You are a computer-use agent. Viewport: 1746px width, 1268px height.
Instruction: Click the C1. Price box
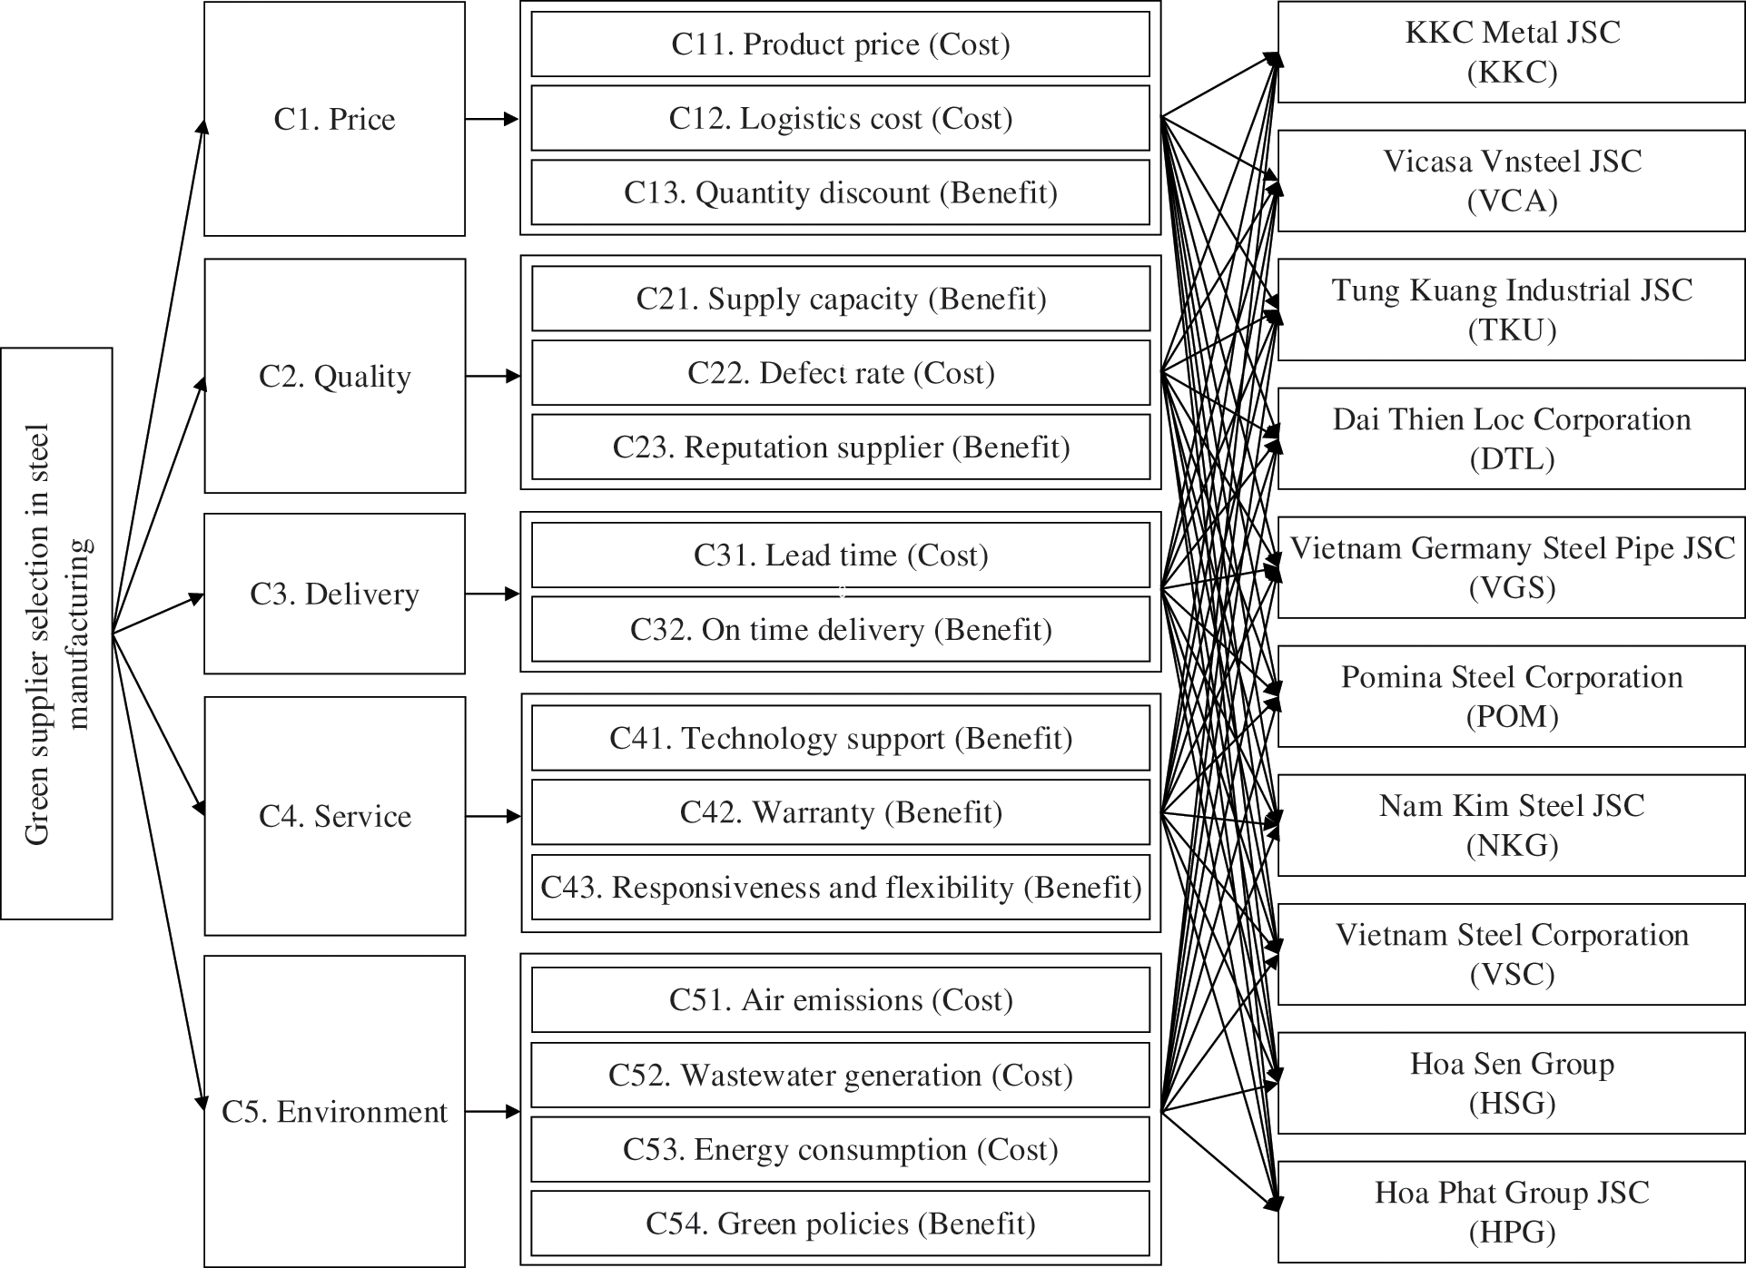(334, 119)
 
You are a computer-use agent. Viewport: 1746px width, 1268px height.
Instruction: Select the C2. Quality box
(334, 376)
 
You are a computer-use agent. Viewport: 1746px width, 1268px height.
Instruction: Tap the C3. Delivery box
(334, 594)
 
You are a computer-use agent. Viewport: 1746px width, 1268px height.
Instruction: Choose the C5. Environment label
(334, 1112)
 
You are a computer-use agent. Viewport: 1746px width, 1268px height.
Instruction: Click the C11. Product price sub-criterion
(840, 44)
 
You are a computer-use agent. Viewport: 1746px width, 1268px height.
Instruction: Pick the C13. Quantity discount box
(840, 192)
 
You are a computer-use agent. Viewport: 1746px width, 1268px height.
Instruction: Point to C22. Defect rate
(840, 373)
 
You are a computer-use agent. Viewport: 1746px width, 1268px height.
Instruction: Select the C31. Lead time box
(840, 555)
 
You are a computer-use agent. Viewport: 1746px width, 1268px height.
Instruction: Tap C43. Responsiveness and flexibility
(840, 887)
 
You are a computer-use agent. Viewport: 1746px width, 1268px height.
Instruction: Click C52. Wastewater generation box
(840, 1076)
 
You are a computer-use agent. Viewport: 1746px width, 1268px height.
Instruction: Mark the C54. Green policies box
(840, 1224)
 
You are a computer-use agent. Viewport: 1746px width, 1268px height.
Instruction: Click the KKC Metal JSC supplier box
(1511, 52)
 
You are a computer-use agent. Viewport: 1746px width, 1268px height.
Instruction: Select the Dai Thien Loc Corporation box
(1511, 438)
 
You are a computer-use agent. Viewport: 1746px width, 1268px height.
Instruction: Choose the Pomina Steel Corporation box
(1511, 696)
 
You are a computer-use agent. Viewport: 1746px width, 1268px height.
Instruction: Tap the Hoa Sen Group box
(1511, 1083)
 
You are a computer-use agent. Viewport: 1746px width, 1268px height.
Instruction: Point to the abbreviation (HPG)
(1512, 1232)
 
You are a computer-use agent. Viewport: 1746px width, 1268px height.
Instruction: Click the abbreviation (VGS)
(1512, 587)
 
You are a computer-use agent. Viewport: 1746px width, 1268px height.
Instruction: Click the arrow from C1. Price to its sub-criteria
(492, 119)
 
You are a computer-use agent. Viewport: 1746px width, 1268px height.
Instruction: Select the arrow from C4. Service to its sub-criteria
(493, 817)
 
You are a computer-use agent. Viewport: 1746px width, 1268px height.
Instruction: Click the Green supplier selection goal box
(56, 634)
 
